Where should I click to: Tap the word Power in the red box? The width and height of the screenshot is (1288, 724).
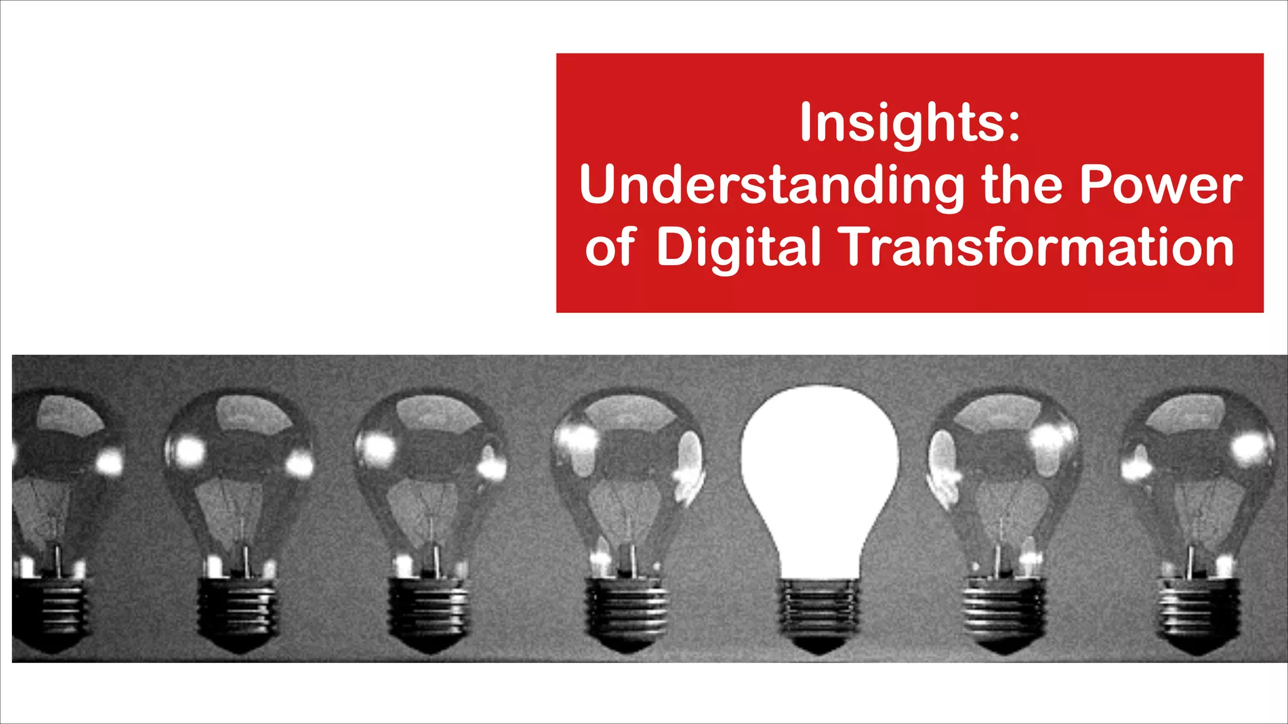point(1160,185)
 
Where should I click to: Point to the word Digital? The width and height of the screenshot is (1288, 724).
point(738,247)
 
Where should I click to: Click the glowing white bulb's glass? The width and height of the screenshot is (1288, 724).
point(819,465)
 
